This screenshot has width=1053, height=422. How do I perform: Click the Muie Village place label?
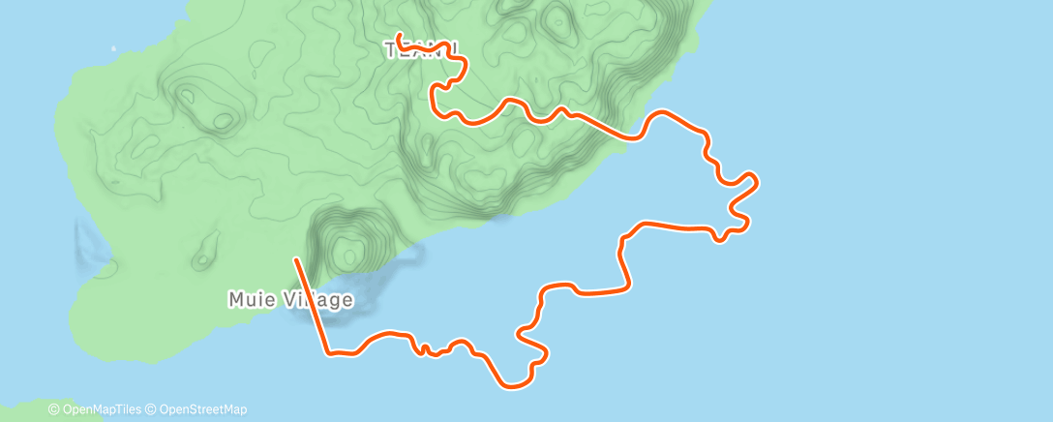coord(290,300)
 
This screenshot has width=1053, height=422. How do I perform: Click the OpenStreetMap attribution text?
coord(201,410)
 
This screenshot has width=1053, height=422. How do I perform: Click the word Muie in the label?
coord(248,300)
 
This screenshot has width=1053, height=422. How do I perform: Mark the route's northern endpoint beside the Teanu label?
coord(399,37)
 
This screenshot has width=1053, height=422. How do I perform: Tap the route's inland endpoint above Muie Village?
coord(296,258)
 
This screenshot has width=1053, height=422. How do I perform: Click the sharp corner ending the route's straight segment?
coord(329,353)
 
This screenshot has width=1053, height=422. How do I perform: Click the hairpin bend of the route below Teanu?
coord(435,92)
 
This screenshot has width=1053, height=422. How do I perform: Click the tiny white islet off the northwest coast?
coord(113,47)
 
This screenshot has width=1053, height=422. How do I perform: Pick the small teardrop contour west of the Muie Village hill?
coord(202,258)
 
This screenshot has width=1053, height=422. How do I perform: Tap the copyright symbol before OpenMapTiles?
coord(54,410)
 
